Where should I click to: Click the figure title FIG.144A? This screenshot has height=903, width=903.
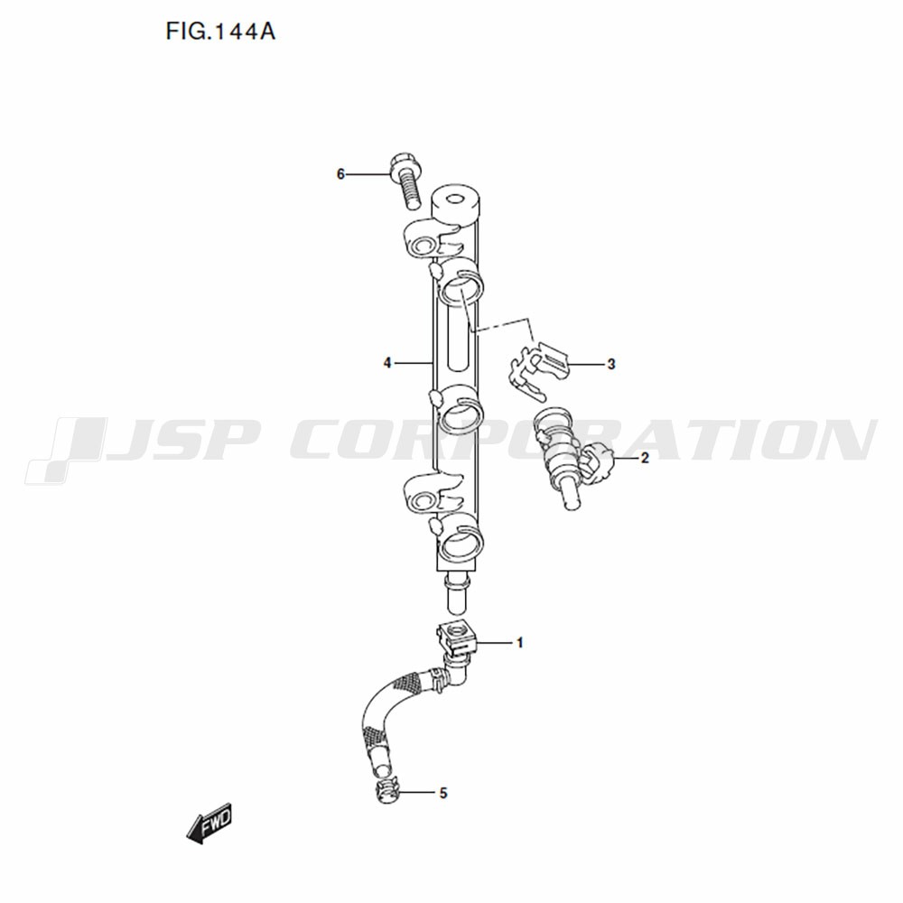(x=220, y=31)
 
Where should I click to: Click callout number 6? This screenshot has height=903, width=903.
(x=340, y=174)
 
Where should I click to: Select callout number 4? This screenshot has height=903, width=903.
(x=387, y=363)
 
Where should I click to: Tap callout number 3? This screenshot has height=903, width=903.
(x=611, y=364)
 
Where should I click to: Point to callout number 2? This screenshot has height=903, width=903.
(x=645, y=458)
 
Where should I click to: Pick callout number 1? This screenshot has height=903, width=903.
(x=519, y=642)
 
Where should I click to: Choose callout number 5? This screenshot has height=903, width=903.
(x=442, y=793)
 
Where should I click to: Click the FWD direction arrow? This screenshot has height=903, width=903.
(x=209, y=824)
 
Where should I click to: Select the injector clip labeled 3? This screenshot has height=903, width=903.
(x=537, y=369)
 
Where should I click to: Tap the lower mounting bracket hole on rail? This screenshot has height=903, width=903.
(x=424, y=499)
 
